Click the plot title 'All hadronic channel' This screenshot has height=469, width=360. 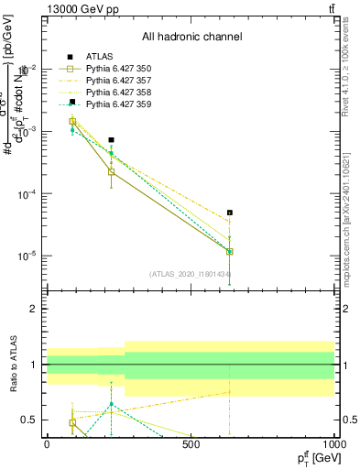(191, 37)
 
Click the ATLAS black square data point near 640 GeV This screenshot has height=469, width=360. (230, 213)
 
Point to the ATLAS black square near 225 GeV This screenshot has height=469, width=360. (111, 140)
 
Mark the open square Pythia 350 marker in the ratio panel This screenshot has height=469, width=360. (72, 422)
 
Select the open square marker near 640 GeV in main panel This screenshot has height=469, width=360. (230, 251)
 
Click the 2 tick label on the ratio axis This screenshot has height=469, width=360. (35, 309)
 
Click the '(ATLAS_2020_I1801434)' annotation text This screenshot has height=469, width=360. (190, 274)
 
